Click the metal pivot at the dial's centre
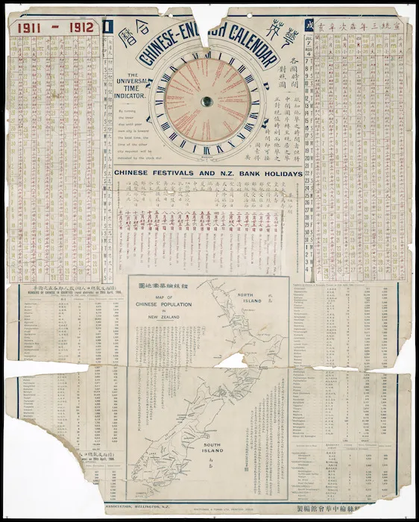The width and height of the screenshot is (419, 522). tap(207, 101)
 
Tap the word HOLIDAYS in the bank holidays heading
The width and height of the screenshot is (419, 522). tap(277, 174)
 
